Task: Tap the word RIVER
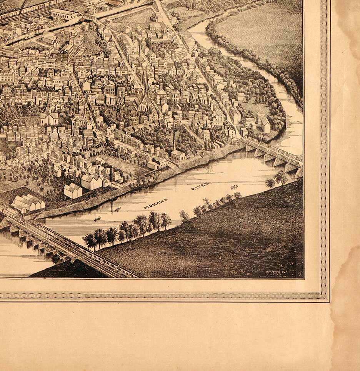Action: [x=200, y=187]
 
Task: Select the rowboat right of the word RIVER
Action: [x=234, y=187]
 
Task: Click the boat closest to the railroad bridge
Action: [x=97, y=219]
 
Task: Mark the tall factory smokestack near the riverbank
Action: [x=174, y=141]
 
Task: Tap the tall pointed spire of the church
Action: [x=146, y=83]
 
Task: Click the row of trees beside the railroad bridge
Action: [x=127, y=229]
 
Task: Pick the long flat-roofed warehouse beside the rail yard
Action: [x=64, y=14]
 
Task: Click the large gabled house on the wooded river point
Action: [x=264, y=124]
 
